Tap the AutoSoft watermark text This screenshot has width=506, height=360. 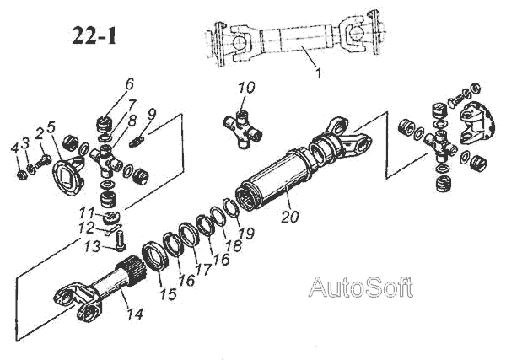coord(361,287)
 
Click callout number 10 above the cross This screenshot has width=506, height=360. coord(246,89)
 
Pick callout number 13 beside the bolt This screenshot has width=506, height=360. coord(97,247)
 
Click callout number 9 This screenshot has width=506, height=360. coord(152,114)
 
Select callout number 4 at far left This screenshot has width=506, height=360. coord(15,148)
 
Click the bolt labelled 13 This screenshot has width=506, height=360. coord(119,242)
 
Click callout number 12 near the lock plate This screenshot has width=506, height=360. coord(98,228)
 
